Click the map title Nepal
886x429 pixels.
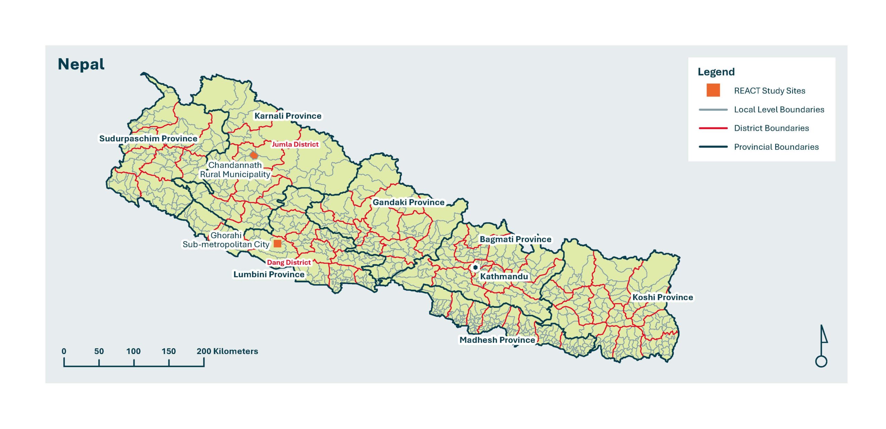point(81,64)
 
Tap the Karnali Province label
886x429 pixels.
point(288,116)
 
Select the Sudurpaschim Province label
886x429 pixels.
point(148,138)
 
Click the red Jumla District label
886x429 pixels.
point(295,144)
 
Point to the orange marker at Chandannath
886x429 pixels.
point(254,155)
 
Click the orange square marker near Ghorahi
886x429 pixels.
point(277,243)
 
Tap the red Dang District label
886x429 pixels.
point(289,263)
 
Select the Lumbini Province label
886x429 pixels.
point(269,274)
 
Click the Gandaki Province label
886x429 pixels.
point(408,202)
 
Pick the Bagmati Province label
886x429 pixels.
point(515,239)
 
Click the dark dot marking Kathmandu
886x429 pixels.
point(475,267)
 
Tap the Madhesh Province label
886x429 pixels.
point(497,340)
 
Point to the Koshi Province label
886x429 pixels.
point(662,298)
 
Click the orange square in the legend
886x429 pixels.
point(713,90)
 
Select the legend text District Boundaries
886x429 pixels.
point(771,128)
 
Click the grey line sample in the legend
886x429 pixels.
point(713,110)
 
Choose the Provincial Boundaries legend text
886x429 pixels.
point(776,147)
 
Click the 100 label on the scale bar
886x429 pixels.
point(133,352)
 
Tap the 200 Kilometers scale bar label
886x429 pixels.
point(227,352)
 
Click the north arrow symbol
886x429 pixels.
point(822,346)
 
